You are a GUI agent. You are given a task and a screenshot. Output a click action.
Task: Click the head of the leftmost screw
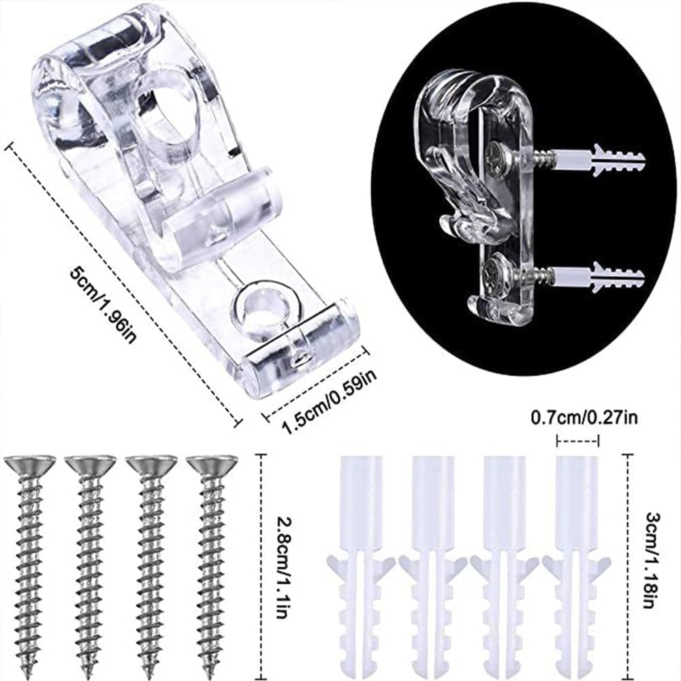(30, 465)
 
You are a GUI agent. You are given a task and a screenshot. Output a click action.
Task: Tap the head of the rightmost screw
(212, 465)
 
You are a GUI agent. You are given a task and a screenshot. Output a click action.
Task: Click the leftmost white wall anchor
(360, 565)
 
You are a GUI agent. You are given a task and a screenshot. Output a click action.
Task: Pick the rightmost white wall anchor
(576, 565)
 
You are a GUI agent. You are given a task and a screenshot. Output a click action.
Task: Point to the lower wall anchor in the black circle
(599, 276)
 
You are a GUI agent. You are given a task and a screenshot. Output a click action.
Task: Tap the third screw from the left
(151, 565)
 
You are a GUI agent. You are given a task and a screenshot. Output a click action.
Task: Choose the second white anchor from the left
(432, 565)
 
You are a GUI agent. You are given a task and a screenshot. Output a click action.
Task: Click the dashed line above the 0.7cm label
(578, 441)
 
